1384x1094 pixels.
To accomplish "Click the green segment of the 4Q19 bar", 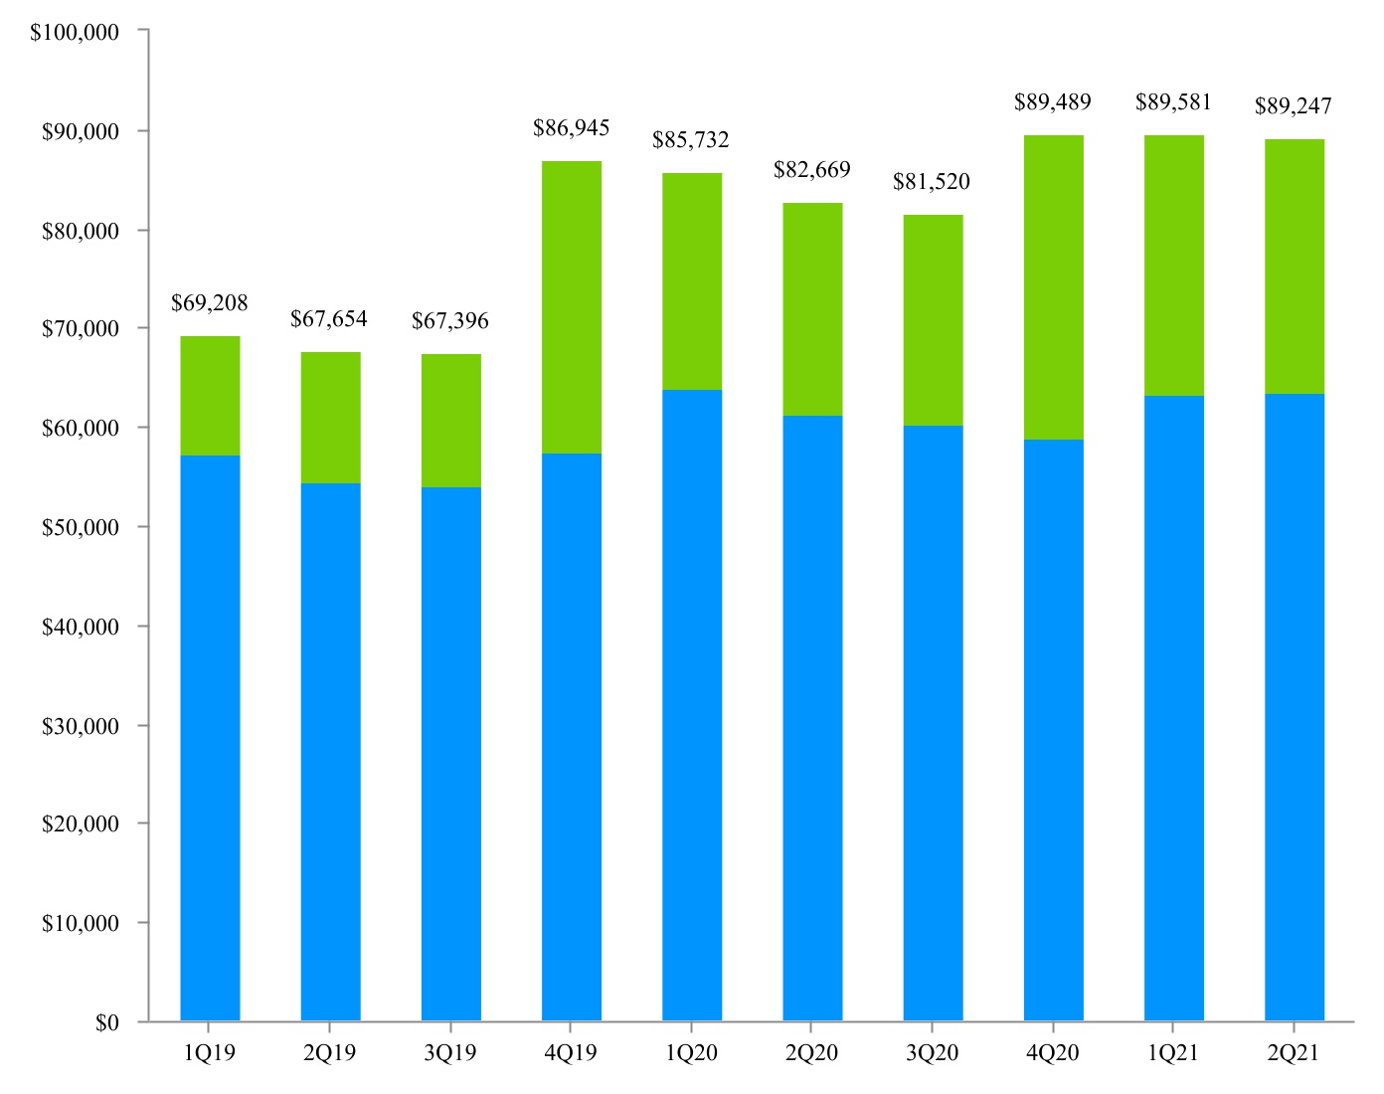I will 572,307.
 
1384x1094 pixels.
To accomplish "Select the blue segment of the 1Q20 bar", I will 692,705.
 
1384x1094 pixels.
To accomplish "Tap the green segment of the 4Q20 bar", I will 1053,287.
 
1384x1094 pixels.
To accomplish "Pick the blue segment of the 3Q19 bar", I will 451,754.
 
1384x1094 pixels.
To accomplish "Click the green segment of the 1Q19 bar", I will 210,396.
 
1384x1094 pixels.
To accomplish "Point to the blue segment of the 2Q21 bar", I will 1294,707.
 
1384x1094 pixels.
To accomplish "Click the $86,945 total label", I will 572,128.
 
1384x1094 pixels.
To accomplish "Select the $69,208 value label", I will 210,303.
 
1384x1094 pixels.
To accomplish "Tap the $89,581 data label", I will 1173,102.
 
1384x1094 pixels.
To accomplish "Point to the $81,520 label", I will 932,182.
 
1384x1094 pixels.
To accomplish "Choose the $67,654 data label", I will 329,319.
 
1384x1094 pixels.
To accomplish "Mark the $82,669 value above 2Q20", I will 812,170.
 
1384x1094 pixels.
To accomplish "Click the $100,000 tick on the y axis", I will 75,33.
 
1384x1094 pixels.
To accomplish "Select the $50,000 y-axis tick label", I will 81,527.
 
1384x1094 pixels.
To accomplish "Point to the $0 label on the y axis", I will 107,1022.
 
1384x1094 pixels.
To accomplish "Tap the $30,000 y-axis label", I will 81,726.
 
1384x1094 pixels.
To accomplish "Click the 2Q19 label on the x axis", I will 329,1053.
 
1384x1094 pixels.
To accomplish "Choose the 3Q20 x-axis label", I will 932,1053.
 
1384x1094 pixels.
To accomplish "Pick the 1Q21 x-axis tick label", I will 1173,1053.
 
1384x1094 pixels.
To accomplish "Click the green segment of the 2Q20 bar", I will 812,309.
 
